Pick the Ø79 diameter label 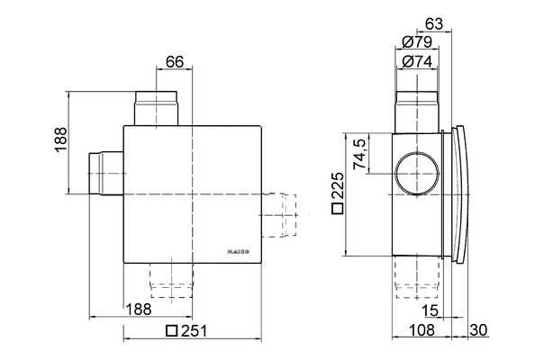pos(419,41)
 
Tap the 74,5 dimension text pos(359,154)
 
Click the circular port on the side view pos(417,174)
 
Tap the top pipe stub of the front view pos(156,108)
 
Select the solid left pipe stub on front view pos(105,172)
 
